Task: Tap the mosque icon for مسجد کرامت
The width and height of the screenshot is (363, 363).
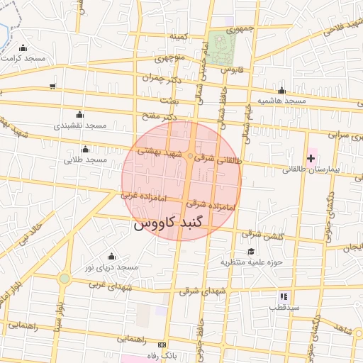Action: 24,48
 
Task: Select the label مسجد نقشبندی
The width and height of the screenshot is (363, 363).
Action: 80,125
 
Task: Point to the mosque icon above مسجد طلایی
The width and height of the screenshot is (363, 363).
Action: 86,149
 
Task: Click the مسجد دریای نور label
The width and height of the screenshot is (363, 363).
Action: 111,267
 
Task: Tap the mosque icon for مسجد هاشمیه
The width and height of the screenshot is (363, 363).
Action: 282,91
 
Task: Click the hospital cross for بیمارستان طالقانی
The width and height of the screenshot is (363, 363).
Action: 311,157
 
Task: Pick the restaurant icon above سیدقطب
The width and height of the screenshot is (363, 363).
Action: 284,296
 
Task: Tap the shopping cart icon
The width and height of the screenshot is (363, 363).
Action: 53,86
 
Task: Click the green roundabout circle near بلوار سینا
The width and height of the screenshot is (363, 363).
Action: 65,279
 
